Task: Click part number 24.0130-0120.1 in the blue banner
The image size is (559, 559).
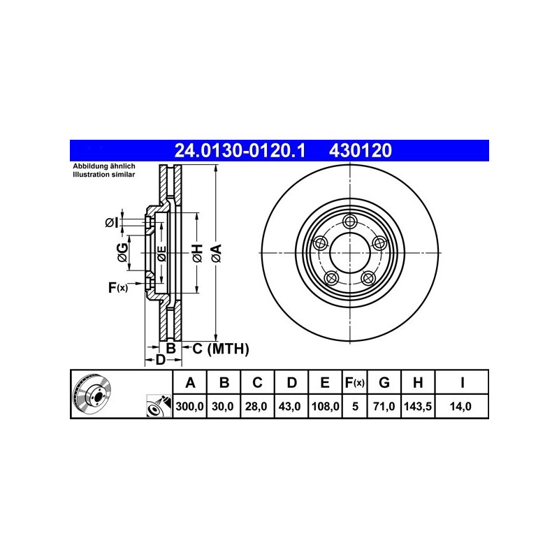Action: pyautogui.click(x=240, y=150)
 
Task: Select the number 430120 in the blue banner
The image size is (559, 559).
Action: pyautogui.click(x=361, y=150)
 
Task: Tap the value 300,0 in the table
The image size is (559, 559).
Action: pyautogui.click(x=189, y=406)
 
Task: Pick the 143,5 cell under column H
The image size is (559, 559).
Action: pyautogui.click(x=418, y=406)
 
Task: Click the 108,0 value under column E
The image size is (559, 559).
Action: pyautogui.click(x=325, y=406)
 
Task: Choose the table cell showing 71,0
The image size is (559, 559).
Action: pyautogui.click(x=384, y=406)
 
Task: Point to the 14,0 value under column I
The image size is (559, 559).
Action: pyautogui.click(x=460, y=406)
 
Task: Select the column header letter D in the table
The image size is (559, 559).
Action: pyautogui.click(x=291, y=382)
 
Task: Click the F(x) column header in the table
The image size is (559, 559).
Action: pyautogui.click(x=355, y=382)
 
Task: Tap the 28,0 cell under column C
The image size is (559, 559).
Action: pyautogui.click(x=256, y=406)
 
